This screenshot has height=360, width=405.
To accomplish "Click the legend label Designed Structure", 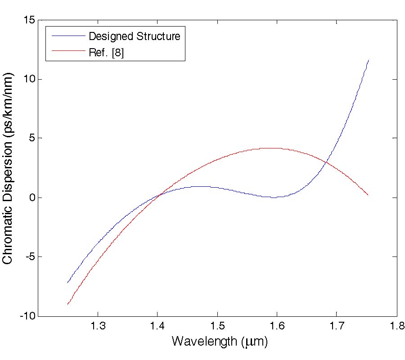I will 134,36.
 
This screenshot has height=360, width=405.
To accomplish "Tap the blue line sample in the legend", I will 68,36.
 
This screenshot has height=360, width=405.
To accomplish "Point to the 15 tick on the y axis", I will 30,20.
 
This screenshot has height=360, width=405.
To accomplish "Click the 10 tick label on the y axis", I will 30,79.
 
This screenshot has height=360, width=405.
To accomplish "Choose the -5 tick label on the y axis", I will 31,257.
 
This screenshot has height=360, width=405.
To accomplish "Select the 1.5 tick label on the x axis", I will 217,326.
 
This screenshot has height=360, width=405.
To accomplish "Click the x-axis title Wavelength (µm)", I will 220,342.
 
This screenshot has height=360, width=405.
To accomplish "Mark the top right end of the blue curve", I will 369,60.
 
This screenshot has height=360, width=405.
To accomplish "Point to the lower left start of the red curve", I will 67,305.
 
